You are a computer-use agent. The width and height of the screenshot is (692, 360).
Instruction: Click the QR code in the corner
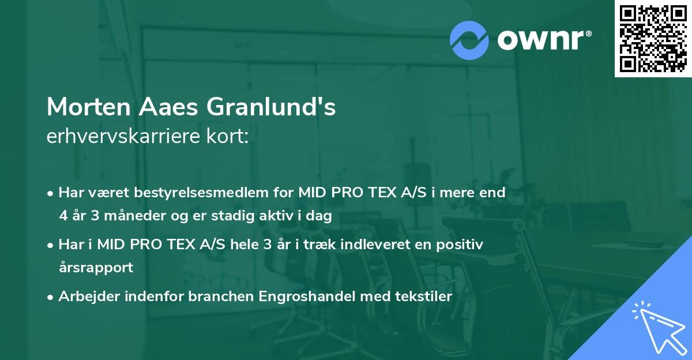(653, 39)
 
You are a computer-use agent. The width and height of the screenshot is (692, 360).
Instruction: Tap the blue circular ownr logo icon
(469, 40)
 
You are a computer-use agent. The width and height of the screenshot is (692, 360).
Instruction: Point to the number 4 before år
(63, 216)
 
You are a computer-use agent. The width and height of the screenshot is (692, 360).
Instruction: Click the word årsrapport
(96, 268)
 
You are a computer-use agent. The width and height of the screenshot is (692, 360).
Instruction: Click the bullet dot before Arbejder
(51, 297)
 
